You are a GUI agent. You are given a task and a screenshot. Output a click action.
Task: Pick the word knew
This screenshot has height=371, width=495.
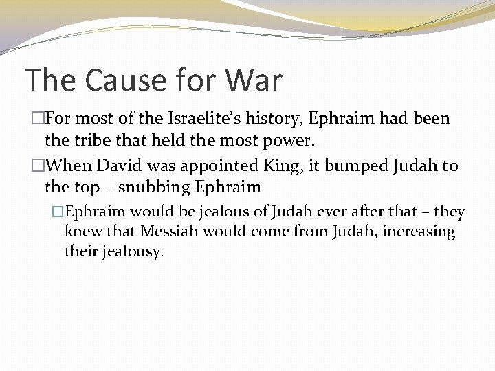[x=80, y=232]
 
